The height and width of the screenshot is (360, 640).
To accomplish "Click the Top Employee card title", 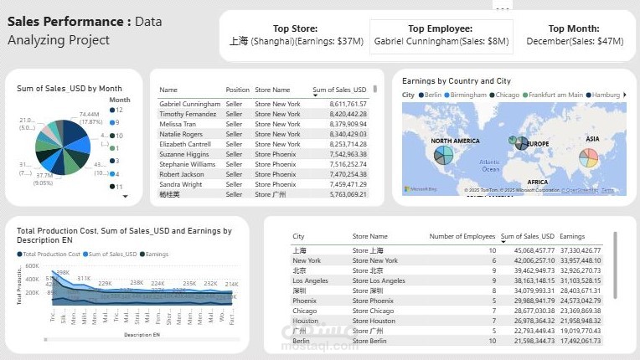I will click(440, 28).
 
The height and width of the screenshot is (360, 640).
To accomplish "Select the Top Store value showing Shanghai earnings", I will click(296, 41).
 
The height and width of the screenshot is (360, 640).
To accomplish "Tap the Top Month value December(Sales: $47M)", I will click(575, 41).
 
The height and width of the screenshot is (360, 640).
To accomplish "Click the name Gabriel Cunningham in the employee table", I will click(190, 104).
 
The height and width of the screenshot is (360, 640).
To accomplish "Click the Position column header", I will click(237, 90).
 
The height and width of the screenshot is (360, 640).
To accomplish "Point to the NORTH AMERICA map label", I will click(456, 141).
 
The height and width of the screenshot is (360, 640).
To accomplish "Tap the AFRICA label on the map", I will click(538, 181).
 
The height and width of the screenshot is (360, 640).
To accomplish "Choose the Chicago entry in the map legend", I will click(504, 95).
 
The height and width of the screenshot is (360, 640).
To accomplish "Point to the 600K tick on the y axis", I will click(32, 265).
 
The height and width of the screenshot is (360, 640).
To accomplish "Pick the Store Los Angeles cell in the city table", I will click(379, 280).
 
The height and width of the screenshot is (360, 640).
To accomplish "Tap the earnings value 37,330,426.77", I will click(580, 250).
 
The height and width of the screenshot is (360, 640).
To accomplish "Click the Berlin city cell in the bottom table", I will click(302, 341).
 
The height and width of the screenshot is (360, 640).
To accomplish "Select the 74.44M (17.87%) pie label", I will click(90, 116).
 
